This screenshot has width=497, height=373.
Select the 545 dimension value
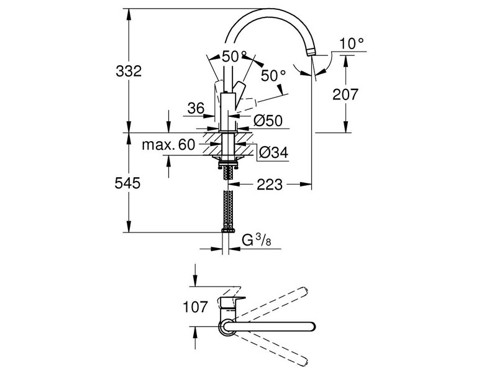pyautogui.click(x=129, y=183)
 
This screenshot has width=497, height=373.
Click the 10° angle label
pyautogui.click(x=352, y=43)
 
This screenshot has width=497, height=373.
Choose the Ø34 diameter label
pyautogui.click(x=272, y=152)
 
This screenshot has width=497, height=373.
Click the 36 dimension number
pyautogui.click(x=196, y=108)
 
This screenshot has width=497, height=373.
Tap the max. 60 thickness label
pyautogui.click(x=168, y=145)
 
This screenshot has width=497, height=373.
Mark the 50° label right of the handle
pyautogui.click(x=273, y=75)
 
